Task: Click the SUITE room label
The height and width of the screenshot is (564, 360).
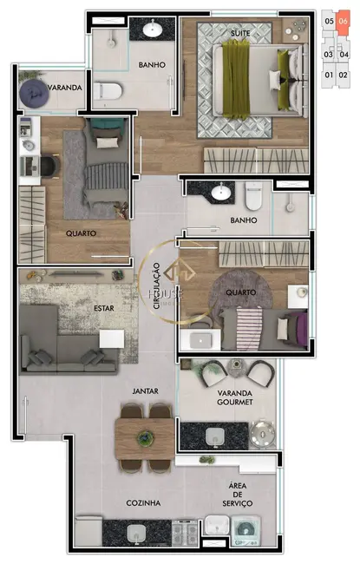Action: pos(240,33)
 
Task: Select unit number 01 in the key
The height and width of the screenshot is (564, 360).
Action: pos(328,75)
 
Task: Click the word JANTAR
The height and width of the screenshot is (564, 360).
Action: pos(145,391)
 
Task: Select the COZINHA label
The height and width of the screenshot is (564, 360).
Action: pos(121,502)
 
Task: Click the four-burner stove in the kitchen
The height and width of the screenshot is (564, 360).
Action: pos(185,531)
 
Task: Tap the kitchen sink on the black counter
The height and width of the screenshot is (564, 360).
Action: pos(136,532)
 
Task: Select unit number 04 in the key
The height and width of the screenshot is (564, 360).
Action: pos(344,54)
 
